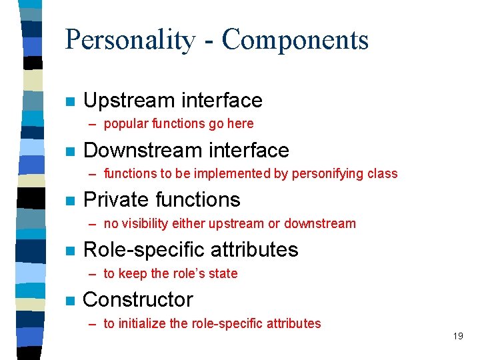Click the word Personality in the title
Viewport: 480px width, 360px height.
tap(129, 40)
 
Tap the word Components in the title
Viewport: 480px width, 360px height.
tap(295, 40)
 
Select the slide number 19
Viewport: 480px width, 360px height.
tap(457, 336)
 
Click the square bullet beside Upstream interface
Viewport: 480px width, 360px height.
tap(69, 101)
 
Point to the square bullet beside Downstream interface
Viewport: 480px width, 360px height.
tap(69, 151)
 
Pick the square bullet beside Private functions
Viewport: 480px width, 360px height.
tap(69, 201)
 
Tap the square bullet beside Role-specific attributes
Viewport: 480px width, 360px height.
tap(69, 251)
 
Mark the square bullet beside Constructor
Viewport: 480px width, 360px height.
tap(69, 301)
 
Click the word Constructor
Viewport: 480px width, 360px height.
tap(138, 300)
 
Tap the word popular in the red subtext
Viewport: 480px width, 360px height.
tap(126, 123)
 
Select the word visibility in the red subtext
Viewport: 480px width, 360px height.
tap(154, 223)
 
